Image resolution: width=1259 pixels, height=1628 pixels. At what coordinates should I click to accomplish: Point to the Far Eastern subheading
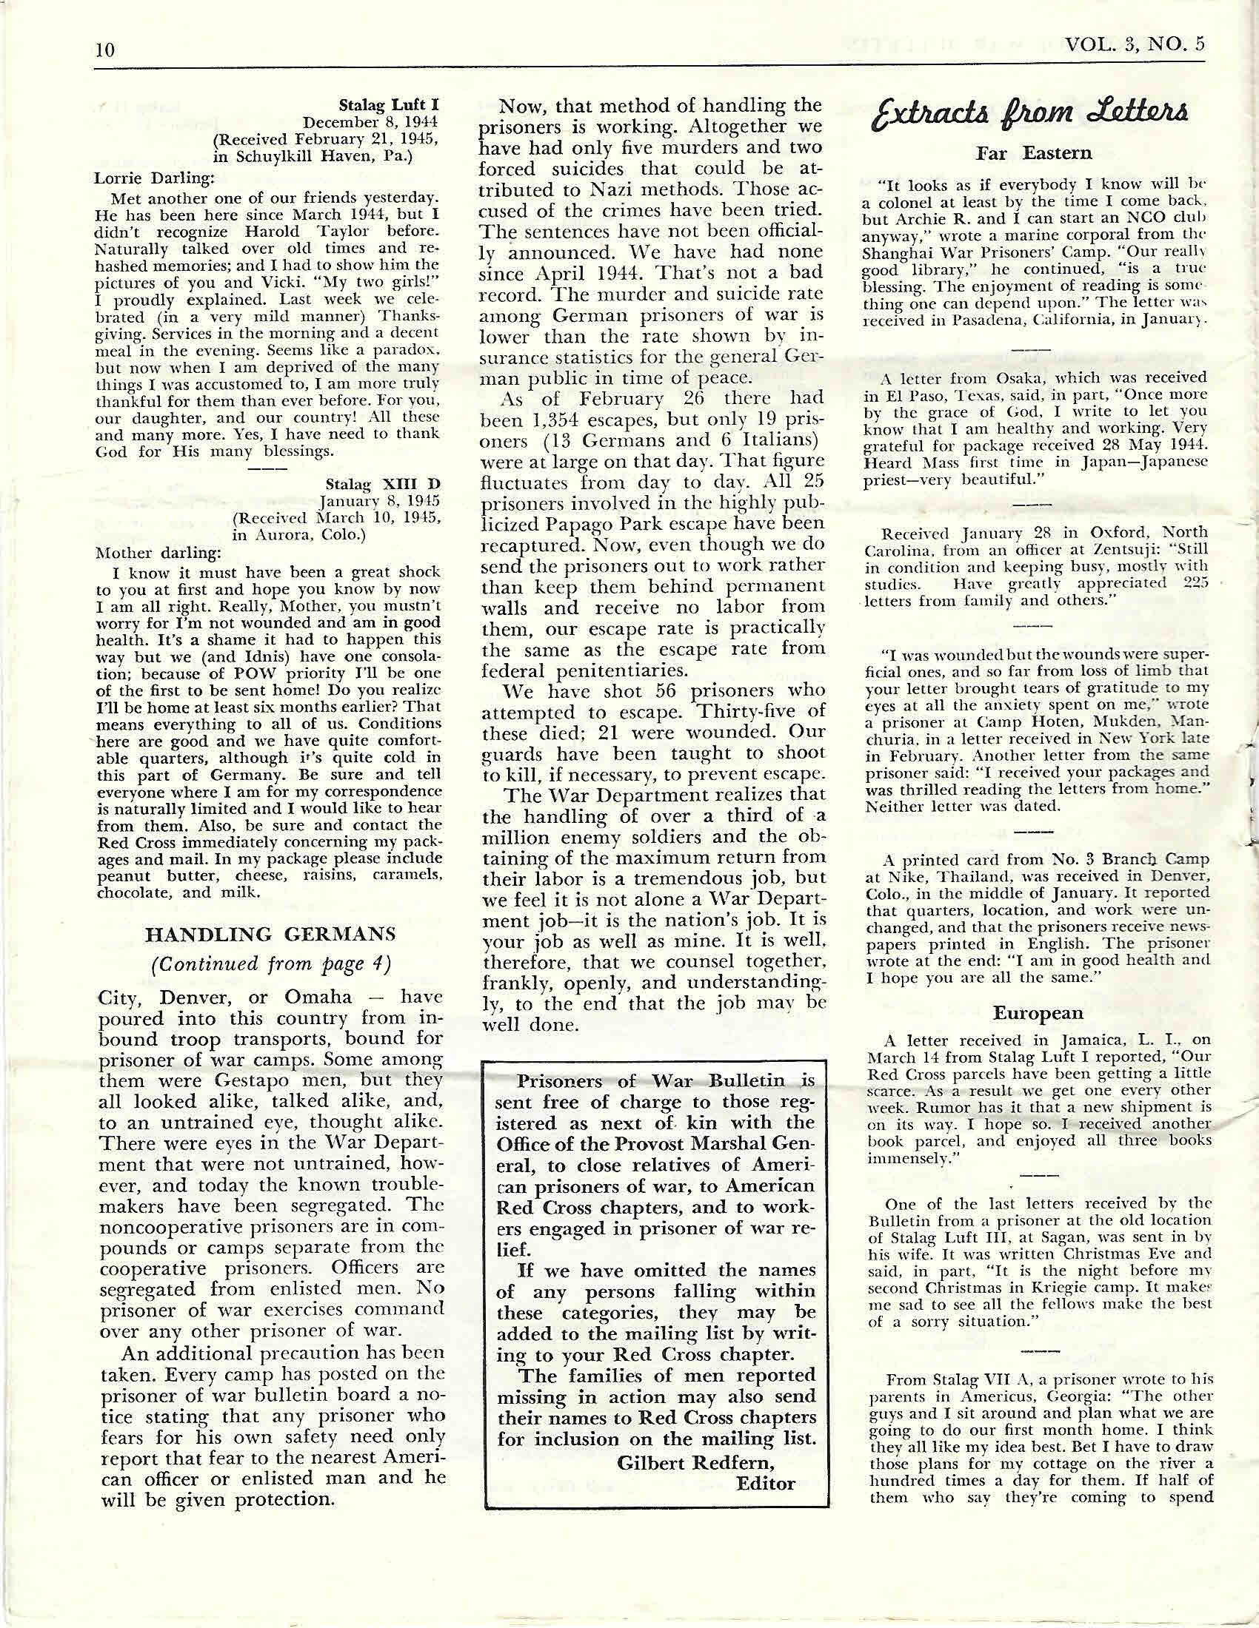click(1034, 154)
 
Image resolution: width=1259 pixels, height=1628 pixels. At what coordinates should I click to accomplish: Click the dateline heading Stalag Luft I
click(388, 107)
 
